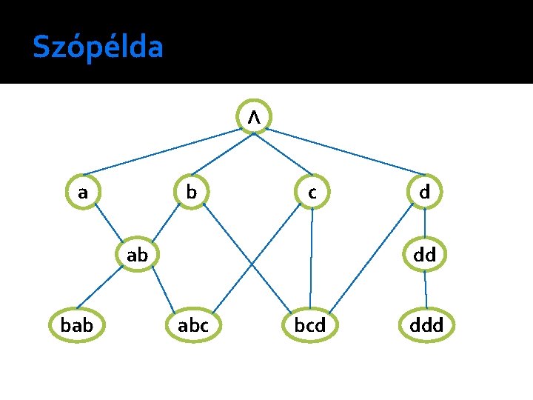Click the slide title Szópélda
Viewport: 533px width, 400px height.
(x=97, y=47)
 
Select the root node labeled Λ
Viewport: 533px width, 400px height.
(x=254, y=117)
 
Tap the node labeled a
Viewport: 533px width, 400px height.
(x=84, y=193)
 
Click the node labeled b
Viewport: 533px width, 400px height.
(x=192, y=193)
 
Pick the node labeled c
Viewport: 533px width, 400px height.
(x=312, y=193)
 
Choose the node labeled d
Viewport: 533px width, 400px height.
(x=424, y=193)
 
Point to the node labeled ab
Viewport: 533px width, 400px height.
(x=138, y=256)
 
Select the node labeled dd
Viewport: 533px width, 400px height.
(x=424, y=256)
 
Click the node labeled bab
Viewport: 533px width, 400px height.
(x=76, y=324)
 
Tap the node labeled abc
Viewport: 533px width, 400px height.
(x=193, y=324)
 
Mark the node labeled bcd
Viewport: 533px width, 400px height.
(x=310, y=324)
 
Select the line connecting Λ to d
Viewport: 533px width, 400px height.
(x=348, y=150)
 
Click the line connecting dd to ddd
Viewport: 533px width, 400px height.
(x=425, y=290)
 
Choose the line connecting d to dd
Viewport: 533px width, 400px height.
(x=424, y=224)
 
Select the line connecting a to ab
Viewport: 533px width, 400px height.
(x=110, y=224)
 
